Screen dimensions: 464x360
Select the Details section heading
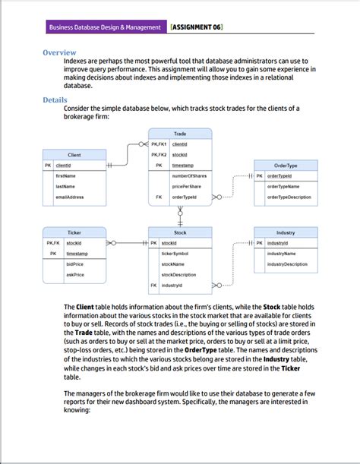coord(56,99)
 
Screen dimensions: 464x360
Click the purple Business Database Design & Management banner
coord(105,27)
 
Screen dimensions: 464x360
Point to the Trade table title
coord(180,133)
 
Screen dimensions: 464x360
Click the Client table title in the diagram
coord(74,154)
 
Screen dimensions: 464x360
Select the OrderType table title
coord(286,165)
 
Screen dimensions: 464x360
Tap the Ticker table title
coord(74,232)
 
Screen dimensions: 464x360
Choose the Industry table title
coord(286,232)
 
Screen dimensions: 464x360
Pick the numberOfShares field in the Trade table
coord(189,175)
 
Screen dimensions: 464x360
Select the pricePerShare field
coord(186,186)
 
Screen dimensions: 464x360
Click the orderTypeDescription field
coord(289,197)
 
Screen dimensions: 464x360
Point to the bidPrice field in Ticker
coord(74,264)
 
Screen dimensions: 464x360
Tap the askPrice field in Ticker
coord(74,274)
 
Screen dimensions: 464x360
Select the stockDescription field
coord(178,274)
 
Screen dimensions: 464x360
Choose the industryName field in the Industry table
coord(282,253)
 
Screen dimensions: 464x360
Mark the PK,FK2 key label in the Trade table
coord(159,153)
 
